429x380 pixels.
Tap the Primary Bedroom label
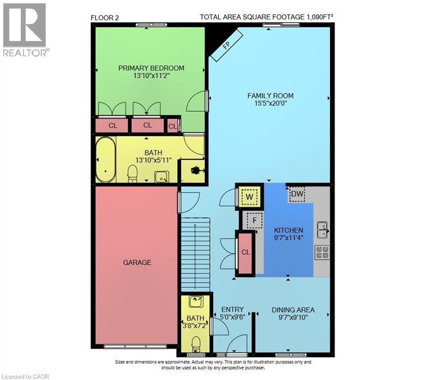[x=151, y=68]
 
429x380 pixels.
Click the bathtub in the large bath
[x=105, y=160]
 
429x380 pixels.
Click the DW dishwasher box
[x=297, y=194]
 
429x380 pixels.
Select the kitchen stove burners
[x=322, y=252]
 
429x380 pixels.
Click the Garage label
[x=137, y=262]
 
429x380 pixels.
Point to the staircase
[x=195, y=255]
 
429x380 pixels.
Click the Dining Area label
[x=293, y=310]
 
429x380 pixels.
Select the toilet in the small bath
[x=196, y=343]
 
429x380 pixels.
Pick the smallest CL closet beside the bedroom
[x=172, y=126]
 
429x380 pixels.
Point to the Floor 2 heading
[x=105, y=18]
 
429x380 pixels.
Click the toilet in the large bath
[x=132, y=173]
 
